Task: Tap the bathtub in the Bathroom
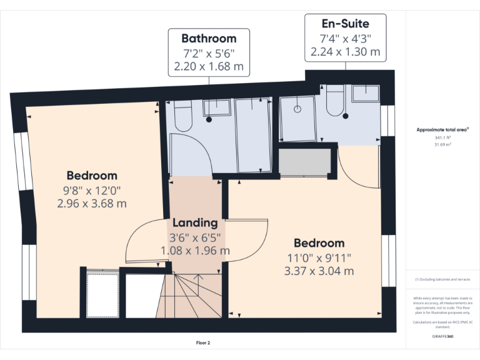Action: click(x=253, y=134)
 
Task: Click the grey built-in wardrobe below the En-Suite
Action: click(x=303, y=162)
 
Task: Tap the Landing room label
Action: click(x=195, y=222)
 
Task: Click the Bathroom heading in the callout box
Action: click(x=209, y=38)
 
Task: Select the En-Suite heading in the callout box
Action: click(x=346, y=24)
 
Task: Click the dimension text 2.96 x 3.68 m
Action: click(x=92, y=203)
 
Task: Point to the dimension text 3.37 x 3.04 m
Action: click(x=319, y=271)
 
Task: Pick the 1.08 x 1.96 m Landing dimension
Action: click(x=195, y=251)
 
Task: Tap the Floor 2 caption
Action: click(x=203, y=342)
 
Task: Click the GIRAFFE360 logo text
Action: click(x=442, y=336)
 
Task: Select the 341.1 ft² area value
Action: click(x=442, y=137)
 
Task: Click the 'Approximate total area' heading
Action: click(x=442, y=129)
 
